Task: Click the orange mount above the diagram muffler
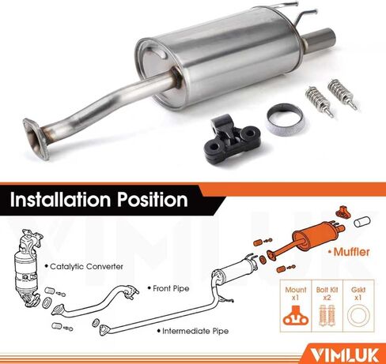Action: [342, 209]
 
